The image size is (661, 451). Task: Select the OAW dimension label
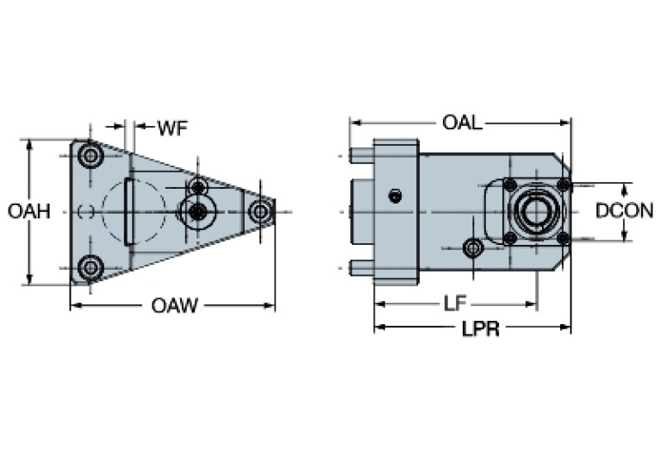coord(175,305)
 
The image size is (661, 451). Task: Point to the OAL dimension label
coord(462,122)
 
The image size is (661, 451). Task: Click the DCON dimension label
coord(625,210)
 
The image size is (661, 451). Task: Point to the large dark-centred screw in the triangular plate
coord(197,211)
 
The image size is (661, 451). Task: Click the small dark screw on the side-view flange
coord(395,196)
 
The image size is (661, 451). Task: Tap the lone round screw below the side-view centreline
coord(472,248)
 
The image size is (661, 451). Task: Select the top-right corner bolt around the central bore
coord(563,185)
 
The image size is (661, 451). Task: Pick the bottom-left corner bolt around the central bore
coord(510,238)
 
